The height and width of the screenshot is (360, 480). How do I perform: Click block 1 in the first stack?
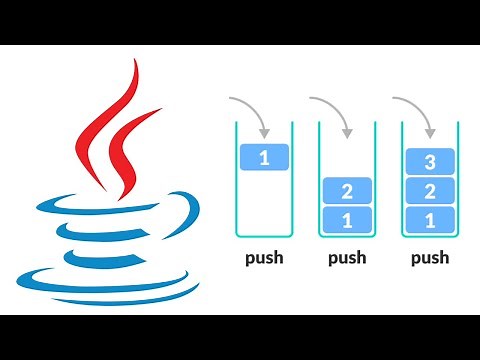265,157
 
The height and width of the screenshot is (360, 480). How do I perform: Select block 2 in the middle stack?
347,190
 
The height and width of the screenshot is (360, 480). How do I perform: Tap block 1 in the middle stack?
347,219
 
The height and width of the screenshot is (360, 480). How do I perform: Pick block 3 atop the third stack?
429,161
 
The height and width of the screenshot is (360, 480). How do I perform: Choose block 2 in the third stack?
429,190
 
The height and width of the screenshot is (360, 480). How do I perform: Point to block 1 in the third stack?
429,219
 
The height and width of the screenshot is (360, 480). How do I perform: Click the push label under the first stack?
265,258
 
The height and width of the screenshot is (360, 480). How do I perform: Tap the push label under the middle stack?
347,258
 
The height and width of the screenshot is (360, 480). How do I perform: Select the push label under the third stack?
429,258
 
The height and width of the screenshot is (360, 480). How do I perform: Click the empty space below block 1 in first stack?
265,205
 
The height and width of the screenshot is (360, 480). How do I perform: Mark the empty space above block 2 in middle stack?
347,150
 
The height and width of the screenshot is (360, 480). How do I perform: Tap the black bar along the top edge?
240,20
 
